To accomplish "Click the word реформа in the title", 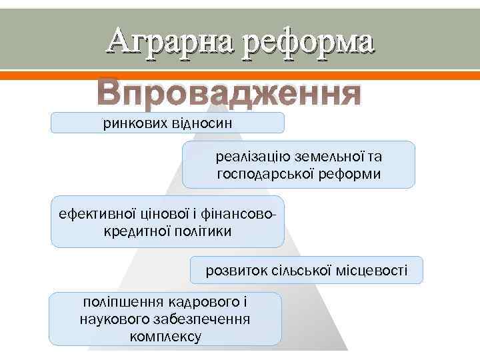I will tap(308, 42).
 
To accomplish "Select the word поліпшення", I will tap(120, 303).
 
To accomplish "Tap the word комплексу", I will tap(165, 336).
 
